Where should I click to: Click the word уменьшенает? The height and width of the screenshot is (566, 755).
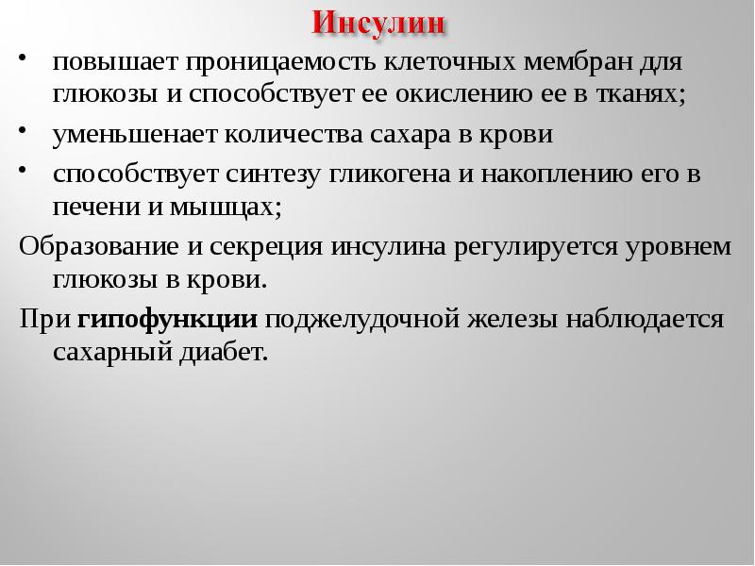point(133,135)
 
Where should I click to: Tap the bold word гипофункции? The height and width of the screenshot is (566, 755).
point(168,319)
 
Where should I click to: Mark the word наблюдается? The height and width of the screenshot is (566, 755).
point(645,319)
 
